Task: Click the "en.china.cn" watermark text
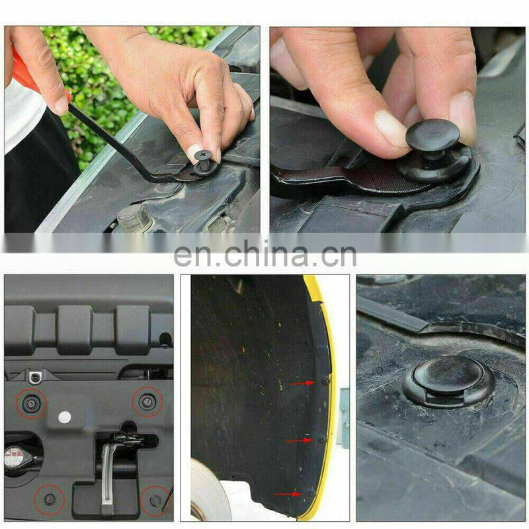[x=265, y=253]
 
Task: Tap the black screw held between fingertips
[x=204, y=161]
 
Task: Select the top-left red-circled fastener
[x=31, y=403]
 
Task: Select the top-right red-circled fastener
[x=147, y=401]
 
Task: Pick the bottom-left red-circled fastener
[x=50, y=499]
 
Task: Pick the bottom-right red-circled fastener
[x=155, y=501]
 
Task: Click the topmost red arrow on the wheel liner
[x=303, y=384]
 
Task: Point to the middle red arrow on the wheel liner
[x=299, y=440]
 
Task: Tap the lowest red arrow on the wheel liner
[x=287, y=494]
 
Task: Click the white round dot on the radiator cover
[x=64, y=417]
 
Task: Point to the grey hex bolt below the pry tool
[x=131, y=217]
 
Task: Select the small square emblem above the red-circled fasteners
[x=34, y=378]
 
